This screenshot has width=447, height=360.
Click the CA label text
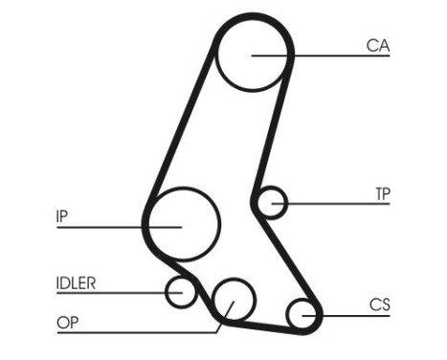[x=378, y=44]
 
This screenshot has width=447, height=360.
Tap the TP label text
[x=382, y=192]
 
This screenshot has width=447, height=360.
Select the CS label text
[x=380, y=304]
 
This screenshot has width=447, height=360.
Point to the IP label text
[x=62, y=216]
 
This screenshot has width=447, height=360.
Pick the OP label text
[x=66, y=323]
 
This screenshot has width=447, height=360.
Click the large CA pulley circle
[x=253, y=55]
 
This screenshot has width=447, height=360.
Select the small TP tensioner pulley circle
[x=274, y=202]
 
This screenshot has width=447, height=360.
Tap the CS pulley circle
[x=302, y=314]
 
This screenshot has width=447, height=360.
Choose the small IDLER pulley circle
[x=180, y=291]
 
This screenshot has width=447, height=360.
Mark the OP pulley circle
[x=233, y=302]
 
